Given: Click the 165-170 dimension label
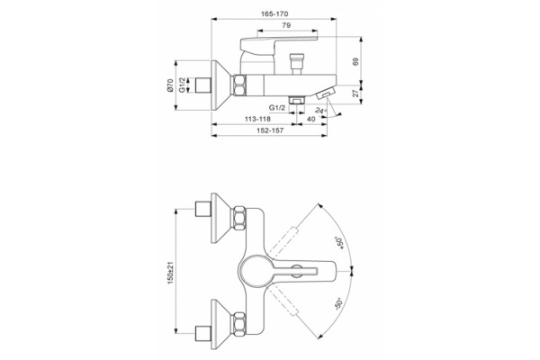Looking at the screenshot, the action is (274, 14).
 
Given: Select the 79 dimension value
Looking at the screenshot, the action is (286, 25).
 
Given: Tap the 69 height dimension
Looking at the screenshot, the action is (355, 61).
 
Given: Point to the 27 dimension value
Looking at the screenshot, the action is (355, 93).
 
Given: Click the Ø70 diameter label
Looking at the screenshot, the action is (170, 85).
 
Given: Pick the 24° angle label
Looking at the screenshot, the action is (320, 111).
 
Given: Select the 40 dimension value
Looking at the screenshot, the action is (310, 119).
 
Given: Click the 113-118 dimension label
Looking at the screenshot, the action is (257, 119).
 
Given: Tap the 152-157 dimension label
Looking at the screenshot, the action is (270, 130).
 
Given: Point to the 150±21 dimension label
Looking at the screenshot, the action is (170, 273).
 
